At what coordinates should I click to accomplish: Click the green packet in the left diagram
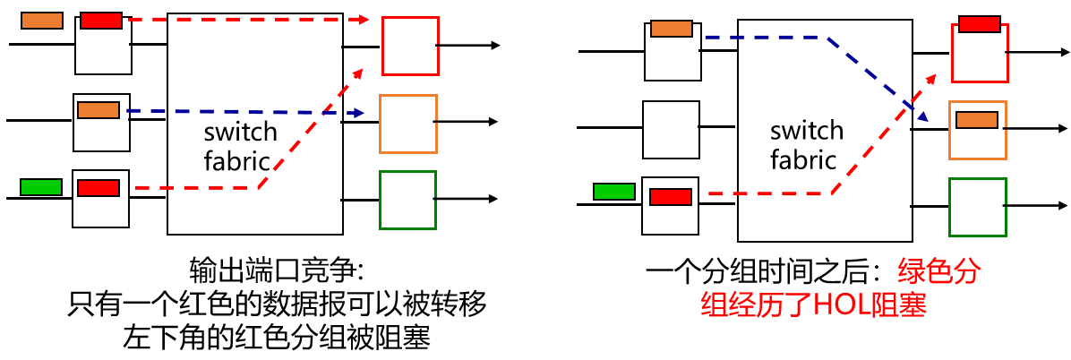pos(40,187)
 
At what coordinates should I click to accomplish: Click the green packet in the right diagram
pos(613,191)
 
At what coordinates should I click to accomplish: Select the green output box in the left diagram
pos(407,199)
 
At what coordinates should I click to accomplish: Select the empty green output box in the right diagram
pos(977,207)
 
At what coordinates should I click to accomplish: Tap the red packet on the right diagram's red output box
pos(980,24)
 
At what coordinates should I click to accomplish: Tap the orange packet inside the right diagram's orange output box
pos(977,120)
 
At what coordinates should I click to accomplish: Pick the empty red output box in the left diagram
pos(410,45)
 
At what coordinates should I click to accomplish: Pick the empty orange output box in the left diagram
pos(407,123)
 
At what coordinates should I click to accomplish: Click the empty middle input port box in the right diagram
pos(671,129)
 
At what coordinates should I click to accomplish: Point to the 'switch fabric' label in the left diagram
pos(241,146)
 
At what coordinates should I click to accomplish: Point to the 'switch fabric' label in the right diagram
pos(807,145)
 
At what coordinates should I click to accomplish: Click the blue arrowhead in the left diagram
pos(358,114)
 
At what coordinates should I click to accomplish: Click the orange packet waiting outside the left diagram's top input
pos(41,20)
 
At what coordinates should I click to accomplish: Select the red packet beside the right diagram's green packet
pos(671,196)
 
